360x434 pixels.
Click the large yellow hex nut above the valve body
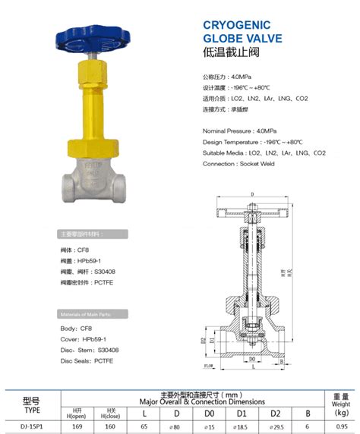tap(100, 146)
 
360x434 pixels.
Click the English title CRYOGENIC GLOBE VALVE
tap(242, 31)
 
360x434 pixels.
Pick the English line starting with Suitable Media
tap(264, 153)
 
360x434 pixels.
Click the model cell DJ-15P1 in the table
tap(31, 426)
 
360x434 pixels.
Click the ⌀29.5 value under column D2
tap(276, 426)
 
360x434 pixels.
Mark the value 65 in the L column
tap(144, 426)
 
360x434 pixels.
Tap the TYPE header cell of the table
tap(31, 407)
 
